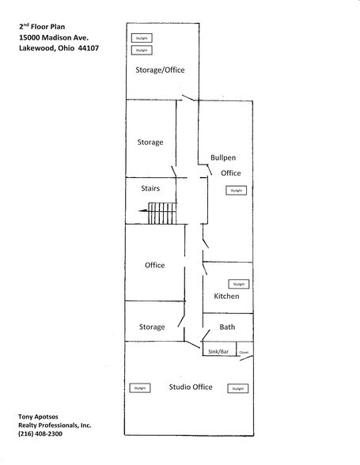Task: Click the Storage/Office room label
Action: tap(162, 70)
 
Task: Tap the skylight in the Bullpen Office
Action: tap(236, 191)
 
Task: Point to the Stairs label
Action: tap(150, 188)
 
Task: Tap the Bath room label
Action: tap(228, 327)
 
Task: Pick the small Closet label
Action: tap(244, 351)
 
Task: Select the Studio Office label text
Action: tap(191, 387)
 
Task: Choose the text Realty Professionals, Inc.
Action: tap(55, 425)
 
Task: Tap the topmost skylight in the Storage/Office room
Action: tap(141, 38)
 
